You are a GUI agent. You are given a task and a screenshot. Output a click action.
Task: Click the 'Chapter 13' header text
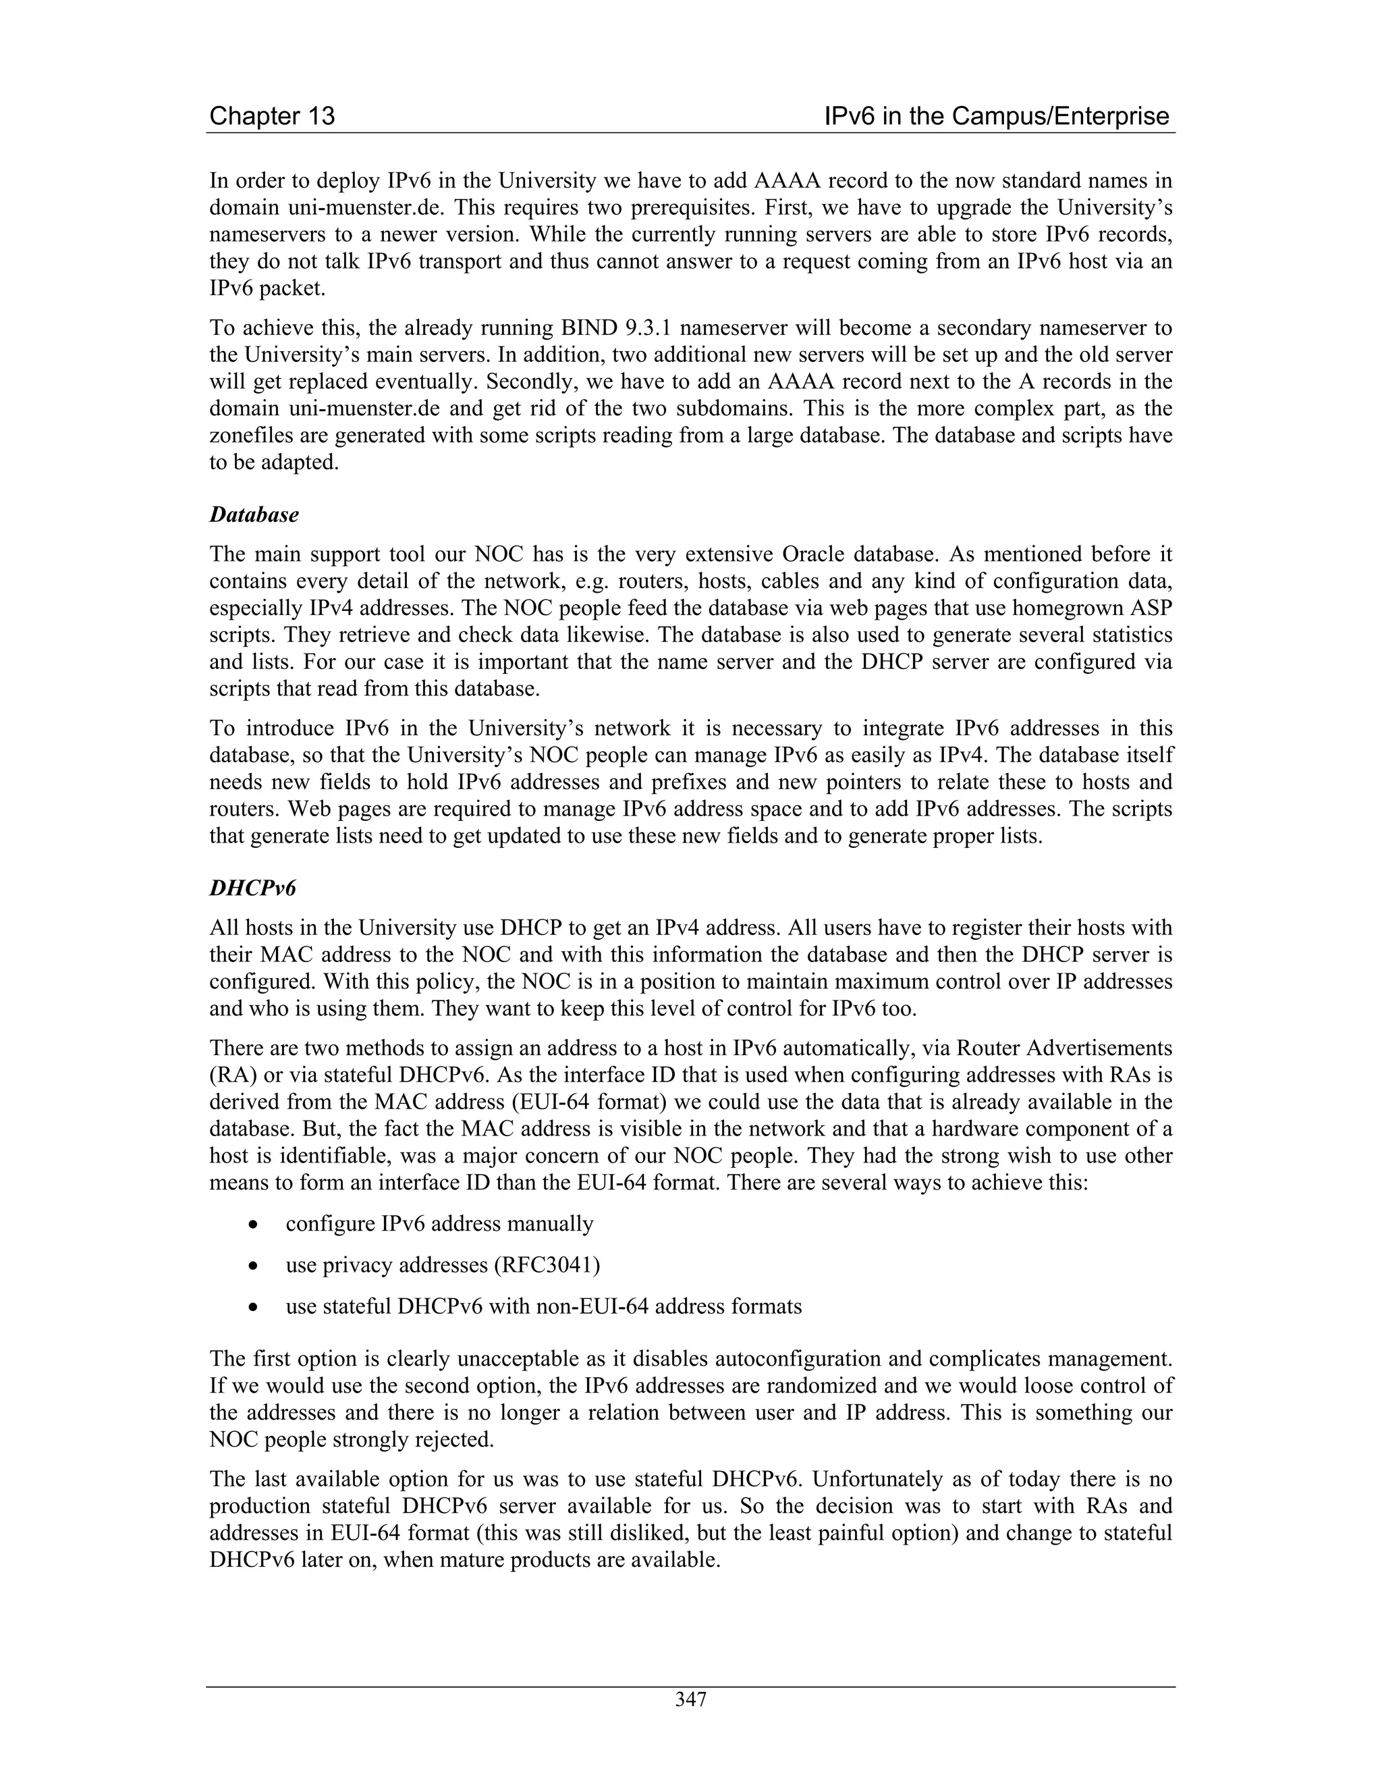pyautogui.click(x=272, y=116)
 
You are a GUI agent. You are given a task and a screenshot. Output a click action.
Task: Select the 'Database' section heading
pyautogui.click(x=254, y=514)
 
